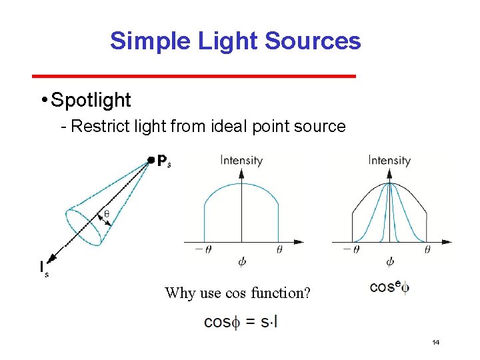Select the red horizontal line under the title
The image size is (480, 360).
point(194,77)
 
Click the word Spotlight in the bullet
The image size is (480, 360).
point(91,100)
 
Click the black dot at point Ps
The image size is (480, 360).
point(151,160)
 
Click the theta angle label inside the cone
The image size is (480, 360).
point(106,215)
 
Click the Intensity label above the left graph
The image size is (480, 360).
point(241,160)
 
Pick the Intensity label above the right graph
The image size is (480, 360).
point(389,160)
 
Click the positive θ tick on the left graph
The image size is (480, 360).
point(279,249)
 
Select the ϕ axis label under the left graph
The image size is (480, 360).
point(241,261)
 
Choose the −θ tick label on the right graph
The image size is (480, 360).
point(351,249)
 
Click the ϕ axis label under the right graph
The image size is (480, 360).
point(389,261)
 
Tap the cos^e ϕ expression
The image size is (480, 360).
point(389,287)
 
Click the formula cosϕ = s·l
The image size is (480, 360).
point(241,321)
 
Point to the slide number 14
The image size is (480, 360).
point(436,343)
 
